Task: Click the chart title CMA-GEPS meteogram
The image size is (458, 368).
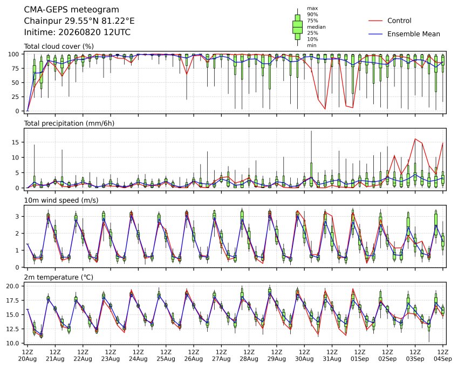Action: [72, 10]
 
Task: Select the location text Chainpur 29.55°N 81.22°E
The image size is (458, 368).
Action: [79, 21]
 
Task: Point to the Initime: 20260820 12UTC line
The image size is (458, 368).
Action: [77, 32]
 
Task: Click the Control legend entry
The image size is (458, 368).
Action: [399, 21]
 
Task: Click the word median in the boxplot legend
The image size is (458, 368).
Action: [316, 27]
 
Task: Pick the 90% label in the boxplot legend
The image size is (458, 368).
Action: [312, 15]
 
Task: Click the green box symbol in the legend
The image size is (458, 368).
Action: [297, 27]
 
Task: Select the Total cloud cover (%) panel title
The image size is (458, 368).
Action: [59, 46]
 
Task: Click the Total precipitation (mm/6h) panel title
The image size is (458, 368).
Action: [69, 123]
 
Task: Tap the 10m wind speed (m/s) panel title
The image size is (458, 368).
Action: [61, 200]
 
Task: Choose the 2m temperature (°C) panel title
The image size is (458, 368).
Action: [58, 277]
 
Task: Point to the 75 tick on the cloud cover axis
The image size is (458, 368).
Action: [16, 69]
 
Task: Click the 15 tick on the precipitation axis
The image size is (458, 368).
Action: [16, 143]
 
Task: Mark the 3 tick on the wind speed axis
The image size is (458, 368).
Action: [17, 217]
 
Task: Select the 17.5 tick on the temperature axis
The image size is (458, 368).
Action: [13, 300]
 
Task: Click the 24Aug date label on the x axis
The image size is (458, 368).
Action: [138, 359]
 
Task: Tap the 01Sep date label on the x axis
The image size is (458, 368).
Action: [360, 359]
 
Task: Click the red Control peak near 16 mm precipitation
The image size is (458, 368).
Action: [415, 139]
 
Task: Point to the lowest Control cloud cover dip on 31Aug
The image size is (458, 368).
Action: [325, 109]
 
